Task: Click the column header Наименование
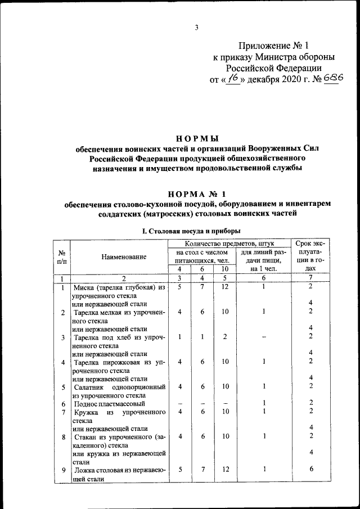(x=124, y=256)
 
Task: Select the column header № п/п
(x=62, y=256)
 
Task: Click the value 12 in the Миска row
(x=224, y=287)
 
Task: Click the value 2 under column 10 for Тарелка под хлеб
(x=224, y=337)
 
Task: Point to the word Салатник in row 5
(x=89, y=387)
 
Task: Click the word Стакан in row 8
(x=87, y=436)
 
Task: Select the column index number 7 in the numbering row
(x=311, y=278)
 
